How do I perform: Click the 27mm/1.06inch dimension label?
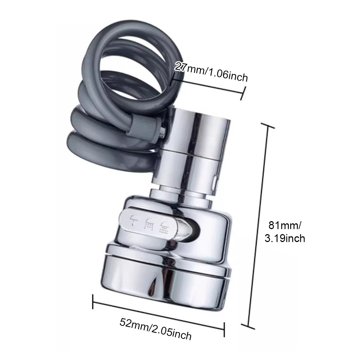211,72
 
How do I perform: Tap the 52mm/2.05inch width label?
155,329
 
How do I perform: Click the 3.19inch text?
285,238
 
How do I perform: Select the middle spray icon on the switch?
149,224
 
